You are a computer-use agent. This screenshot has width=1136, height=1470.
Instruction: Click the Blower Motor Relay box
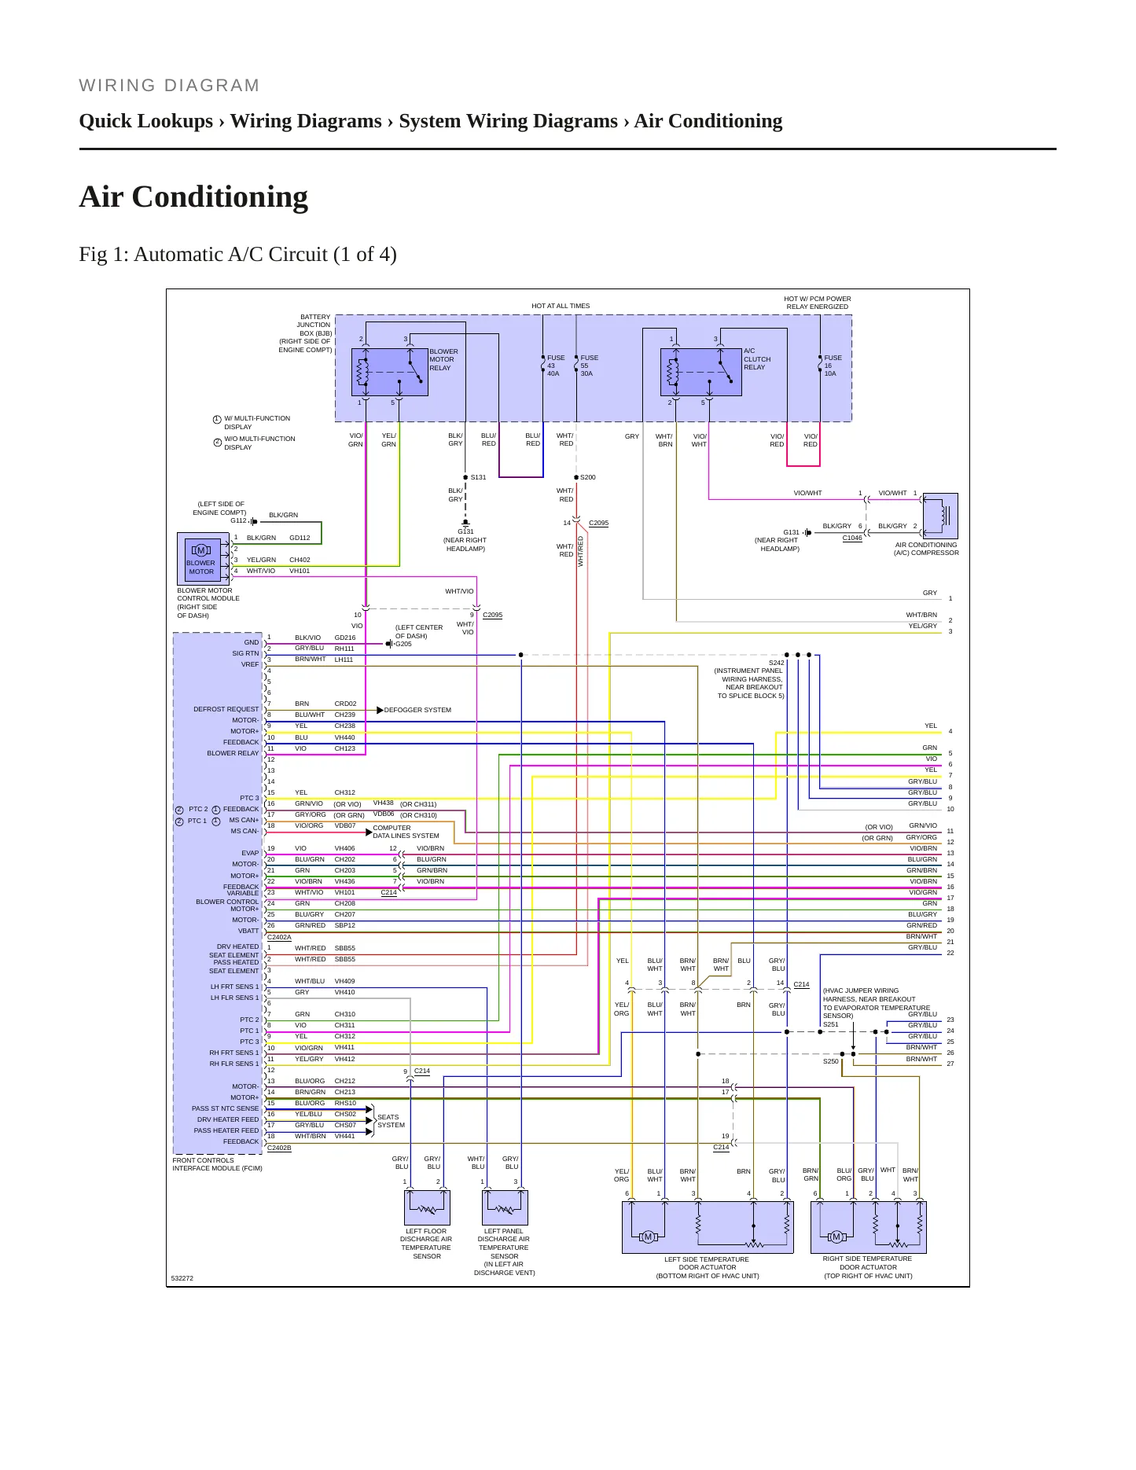coord(390,372)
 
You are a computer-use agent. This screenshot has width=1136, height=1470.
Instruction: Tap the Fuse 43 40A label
coord(555,366)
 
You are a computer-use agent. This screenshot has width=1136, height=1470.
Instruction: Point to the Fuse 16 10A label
coord(833,366)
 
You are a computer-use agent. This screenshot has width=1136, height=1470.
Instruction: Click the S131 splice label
coord(478,477)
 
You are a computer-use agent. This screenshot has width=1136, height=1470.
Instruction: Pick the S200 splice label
coord(587,477)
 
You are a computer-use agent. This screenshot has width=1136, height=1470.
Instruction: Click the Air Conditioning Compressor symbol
coord(939,516)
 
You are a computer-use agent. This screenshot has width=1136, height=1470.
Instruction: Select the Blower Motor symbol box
coord(200,557)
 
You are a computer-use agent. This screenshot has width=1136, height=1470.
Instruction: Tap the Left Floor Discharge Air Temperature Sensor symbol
coord(427,1207)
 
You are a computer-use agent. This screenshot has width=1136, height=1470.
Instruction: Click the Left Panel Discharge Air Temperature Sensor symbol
coord(505,1207)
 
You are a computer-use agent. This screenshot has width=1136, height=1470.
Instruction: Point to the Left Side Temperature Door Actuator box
coord(708,1227)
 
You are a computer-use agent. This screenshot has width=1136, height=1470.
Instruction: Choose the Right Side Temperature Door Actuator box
coord(869,1227)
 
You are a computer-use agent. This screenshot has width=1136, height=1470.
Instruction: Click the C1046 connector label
coord(852,538)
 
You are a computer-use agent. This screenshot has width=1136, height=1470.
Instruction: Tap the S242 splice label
coord(777,663)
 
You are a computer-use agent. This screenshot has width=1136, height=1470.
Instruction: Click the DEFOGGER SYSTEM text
coord(417,710)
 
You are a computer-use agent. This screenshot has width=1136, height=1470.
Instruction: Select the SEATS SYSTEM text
coord(391,1121)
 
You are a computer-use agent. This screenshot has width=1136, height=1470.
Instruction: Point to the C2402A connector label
coord(279,937)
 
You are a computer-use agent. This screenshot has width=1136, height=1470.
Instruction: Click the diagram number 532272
coord(182,1278)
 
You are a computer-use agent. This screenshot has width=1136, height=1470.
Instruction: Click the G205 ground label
coord(403,644)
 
